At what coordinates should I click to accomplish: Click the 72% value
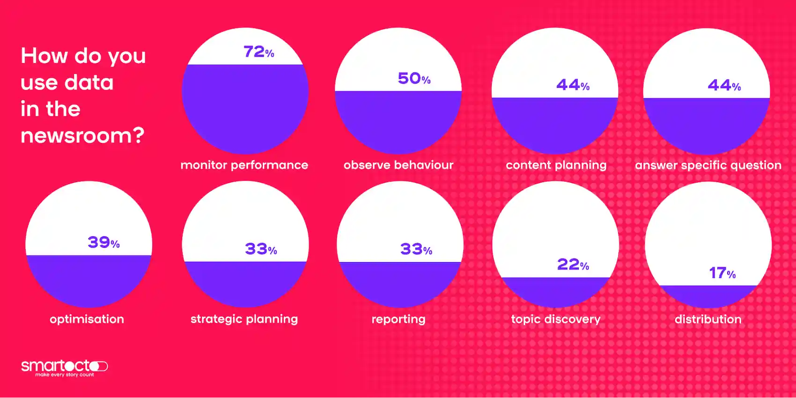[x=258, y=52]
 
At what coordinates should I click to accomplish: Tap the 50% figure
[x=414, y=78]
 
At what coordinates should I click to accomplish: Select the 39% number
[x=103, y=242]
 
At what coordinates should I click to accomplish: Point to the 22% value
[x=573, y=265]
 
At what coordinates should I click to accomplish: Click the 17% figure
[x=722, y=273]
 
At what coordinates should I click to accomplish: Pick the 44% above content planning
[x=573, y=85]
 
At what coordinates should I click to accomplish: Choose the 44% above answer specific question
[x=724, y=85]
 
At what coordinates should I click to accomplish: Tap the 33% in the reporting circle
[x=416, y=249]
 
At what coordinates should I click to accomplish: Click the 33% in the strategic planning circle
[x=261, y=249]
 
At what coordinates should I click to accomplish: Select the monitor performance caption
[x=244, y=165]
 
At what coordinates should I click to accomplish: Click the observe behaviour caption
[x=398, y=165]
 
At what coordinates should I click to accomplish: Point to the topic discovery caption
[x=555, y=319]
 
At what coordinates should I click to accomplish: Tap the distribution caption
[x=708, y=319]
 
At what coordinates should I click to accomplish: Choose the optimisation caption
[x=87, y=319]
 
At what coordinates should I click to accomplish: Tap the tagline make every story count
[x=65, y=375]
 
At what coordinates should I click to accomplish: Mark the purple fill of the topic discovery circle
[x=555, y=291]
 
